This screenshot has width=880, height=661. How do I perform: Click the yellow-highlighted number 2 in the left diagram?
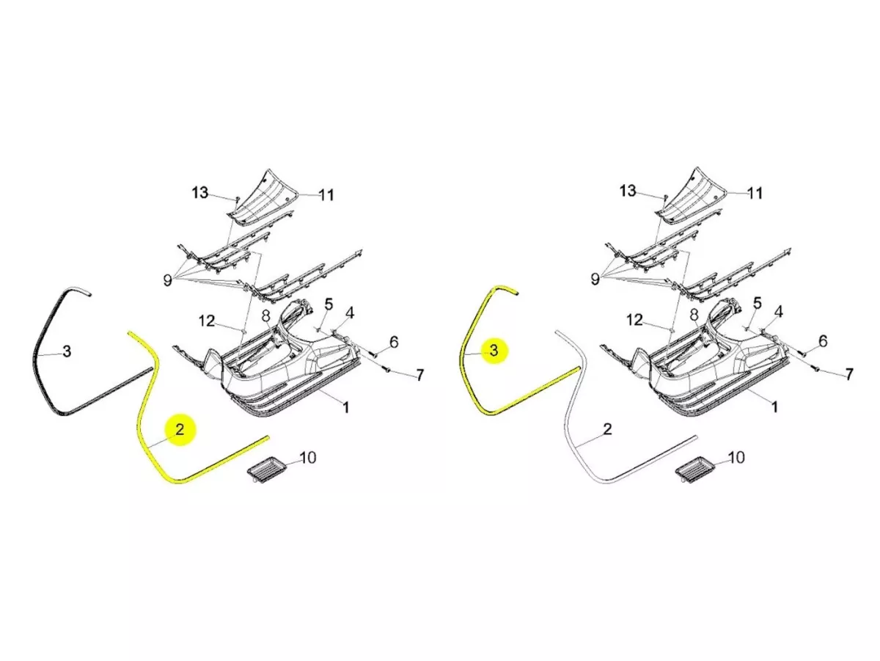tap(180, 430)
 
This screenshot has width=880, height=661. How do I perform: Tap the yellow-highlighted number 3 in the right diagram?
tap(494, 351)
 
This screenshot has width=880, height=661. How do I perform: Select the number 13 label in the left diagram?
tap(200, 193)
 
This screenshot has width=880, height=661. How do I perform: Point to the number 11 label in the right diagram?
tap(755, 194)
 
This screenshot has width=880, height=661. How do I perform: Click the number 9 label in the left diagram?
tap(168, 280)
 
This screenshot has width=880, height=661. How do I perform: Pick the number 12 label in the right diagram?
tap(634, 321)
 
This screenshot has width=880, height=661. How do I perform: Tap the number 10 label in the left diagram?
tap(308, 458)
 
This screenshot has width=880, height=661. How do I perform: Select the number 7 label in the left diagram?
tap(419, 376)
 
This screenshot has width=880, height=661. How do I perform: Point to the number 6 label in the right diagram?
tap(823, 341)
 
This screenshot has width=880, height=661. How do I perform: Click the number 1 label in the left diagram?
tap(345, 408)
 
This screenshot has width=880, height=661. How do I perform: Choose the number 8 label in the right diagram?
tap(694, 315)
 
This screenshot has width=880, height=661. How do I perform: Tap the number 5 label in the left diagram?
tap(329, 304)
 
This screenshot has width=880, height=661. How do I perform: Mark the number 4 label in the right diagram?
tap(779, 311)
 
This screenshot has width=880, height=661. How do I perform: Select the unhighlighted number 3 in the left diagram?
tap(67, 351)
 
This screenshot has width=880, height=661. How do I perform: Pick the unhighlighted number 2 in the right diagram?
tap(608, 429)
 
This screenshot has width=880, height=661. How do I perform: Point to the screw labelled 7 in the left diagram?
tap(387, 370)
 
